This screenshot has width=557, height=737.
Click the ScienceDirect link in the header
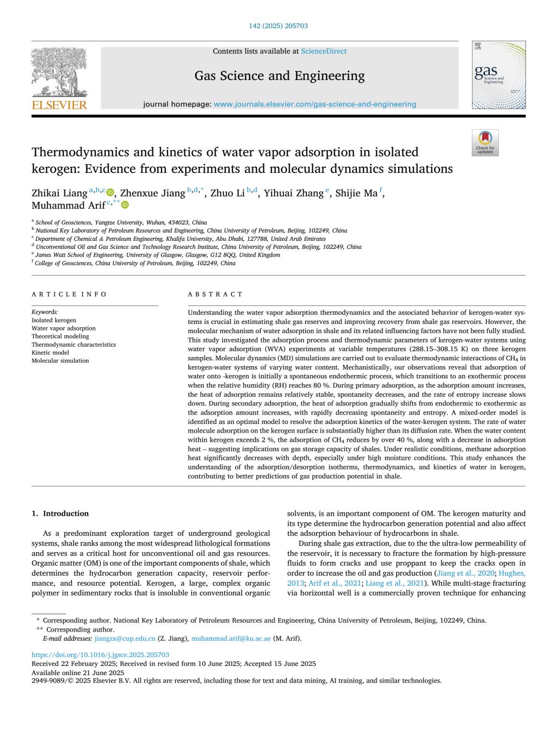click(x=324, y=51)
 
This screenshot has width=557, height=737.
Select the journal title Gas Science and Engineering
click(x=280, y=76)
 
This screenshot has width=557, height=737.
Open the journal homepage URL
click(x=315, y=104)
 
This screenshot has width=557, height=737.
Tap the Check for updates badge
click(x=485, y=143)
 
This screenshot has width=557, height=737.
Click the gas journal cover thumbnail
click(x=498, y=75)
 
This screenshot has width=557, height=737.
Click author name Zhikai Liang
click(x=59, y=193)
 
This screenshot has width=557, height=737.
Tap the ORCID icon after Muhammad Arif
click(x=126, y=205)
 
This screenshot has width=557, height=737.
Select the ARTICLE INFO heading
click(x=70, y=294)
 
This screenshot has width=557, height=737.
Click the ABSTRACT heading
click(x=215, y=294)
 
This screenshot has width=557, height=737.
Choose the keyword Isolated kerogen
click(x=54, y=320)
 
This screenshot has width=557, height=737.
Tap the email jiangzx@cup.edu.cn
click(x=125, y=638)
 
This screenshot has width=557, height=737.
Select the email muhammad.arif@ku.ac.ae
click(x=231, y=638)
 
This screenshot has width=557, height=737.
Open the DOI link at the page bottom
click(x=101, y=655)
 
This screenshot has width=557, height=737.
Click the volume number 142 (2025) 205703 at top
click(x=278, y=26)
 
